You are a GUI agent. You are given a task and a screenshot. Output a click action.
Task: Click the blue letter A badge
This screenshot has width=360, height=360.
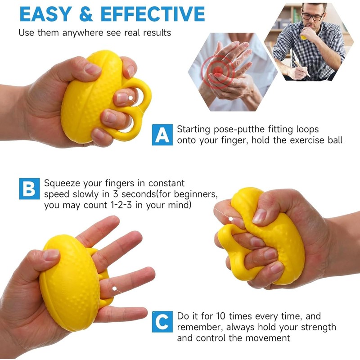162,135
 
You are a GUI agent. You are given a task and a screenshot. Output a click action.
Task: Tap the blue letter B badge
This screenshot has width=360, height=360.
29,189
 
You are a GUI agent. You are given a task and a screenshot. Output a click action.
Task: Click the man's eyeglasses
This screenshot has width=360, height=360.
312,17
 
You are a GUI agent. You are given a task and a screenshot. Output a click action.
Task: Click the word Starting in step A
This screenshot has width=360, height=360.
194,130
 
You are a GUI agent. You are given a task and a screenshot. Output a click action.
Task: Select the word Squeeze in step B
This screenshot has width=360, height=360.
62,184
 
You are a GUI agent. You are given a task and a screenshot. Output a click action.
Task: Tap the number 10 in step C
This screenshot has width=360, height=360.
221,316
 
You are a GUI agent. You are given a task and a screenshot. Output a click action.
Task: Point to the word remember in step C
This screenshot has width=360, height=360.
198,327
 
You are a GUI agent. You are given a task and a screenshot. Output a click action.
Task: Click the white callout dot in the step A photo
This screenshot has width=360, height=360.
131,97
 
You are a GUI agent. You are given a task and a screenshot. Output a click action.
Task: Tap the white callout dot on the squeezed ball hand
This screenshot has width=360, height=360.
231,219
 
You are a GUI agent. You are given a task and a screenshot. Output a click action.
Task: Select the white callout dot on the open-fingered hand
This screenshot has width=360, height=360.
115,288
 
